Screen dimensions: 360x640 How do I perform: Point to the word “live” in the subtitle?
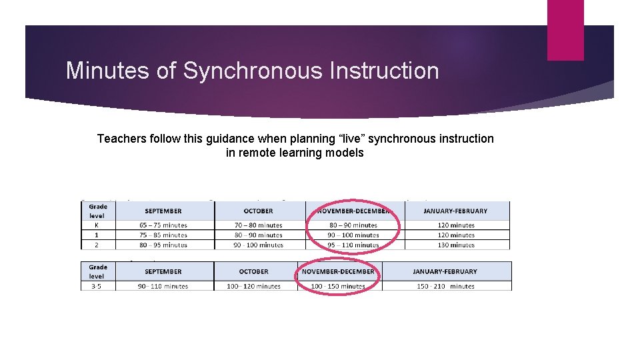tap(345, 139)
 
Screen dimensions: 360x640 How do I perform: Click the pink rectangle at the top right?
tap(565, 30)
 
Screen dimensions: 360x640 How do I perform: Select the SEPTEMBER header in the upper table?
tap(165, 211)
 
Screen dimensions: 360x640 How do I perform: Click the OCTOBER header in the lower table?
tap(253, 271)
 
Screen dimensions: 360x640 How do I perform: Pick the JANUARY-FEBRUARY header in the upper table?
tap(456, 211)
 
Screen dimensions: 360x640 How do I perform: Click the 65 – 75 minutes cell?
tap(164, 225)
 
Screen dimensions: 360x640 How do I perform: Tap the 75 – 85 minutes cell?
tap(164, 235)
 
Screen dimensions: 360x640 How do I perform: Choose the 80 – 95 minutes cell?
tap(164, 245)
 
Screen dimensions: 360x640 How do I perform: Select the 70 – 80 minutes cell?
tap(259, 225)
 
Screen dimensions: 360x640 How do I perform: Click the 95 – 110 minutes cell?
tap(353, 245)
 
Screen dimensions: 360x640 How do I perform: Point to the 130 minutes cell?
tap(456, 245)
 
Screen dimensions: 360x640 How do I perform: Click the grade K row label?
tap(97, 225)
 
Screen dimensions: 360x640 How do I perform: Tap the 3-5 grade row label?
tap(97, 286)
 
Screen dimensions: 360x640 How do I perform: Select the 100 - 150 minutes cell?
tap(338, 286)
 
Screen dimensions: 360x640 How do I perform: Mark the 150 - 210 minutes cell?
tap(445, 286)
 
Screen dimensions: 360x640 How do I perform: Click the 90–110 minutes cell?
tap(163, 286)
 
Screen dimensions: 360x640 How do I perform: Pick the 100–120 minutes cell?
tap(253, 286)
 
